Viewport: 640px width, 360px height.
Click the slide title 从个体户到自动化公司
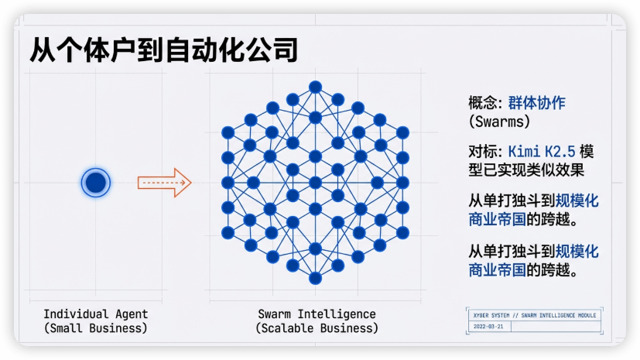[164, 50]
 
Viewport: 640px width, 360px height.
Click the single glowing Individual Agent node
[95, 183]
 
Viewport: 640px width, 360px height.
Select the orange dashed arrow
[164, 183]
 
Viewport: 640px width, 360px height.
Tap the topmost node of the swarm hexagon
[315, 87]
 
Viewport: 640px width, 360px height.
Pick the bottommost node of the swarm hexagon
[315, 278]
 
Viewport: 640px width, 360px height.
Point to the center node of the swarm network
[315, 183]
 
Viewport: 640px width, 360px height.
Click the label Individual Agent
[95, 314]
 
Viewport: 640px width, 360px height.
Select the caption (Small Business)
[95, 327]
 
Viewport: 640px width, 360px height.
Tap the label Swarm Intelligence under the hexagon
[317, 314]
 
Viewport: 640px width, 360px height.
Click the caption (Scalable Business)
[317, 327]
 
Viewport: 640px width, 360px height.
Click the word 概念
[482, 103]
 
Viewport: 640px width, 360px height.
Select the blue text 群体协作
[537, 103]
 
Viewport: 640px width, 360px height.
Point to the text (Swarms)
[499, 122]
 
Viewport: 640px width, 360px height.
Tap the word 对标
[482, 150]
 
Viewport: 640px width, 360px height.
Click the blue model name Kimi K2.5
[541, 150]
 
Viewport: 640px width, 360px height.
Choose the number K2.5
[559, 150]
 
